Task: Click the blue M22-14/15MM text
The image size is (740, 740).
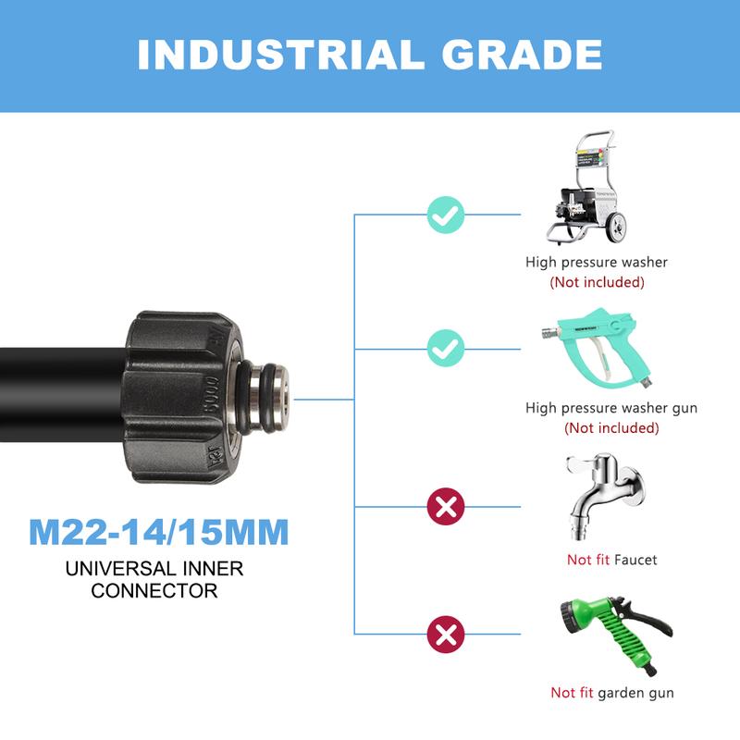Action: [x=159, y=533]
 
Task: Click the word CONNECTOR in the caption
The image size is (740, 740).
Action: [x=154, y=590]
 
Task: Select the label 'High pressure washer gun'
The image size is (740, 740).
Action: [x=611, y=407]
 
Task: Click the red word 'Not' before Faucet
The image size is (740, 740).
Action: [x=579, y=560]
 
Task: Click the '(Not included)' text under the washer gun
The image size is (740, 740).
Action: [x=611, y=428]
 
